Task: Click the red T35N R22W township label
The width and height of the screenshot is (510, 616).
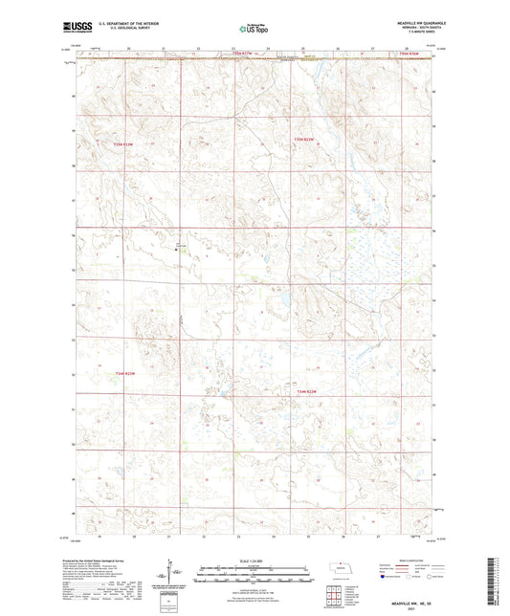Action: (304, 142)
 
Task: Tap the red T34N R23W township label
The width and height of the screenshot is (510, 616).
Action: (126, 373)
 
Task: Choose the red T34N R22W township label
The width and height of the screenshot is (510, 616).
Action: (307, 391)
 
